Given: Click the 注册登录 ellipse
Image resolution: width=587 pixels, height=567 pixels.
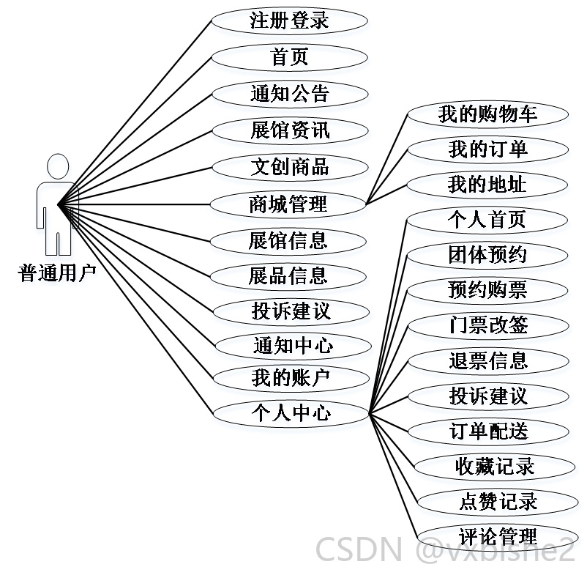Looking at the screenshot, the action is pyautogui.click(x=289, y=21).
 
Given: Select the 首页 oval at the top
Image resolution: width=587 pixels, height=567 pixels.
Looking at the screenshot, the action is pyautogui.click(x=289, y=57).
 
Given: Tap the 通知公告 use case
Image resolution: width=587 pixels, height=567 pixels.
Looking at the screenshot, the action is pyautogui.click(x=290, y=94).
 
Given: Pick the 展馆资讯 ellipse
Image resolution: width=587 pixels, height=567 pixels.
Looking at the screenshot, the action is pyautogui.click(x=290, y=130).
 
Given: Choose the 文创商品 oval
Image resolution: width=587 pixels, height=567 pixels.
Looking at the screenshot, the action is pyautogui.click(x=290, y=167).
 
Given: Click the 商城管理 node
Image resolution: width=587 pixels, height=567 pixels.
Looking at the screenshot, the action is pyautogui.click(x=288, y=204).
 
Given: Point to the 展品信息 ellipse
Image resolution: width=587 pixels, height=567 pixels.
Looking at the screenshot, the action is pyautogui.click(x=288, y=277).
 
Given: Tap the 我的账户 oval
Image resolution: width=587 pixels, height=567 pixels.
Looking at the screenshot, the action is pyautogui.click(x=291, y=378).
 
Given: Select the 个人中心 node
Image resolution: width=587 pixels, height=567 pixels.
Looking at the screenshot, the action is pyautogui.click(x=291, y=413).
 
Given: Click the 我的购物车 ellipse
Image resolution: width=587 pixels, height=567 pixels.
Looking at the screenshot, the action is pyautogui.click(x=487, y=115).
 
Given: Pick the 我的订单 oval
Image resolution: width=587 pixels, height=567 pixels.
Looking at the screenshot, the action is pyautogui.click(x=487, y=150).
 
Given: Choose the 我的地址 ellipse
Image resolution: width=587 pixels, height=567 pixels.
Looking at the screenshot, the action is pyautogui.click(x=487, y=185).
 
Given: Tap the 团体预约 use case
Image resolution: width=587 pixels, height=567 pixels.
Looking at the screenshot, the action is pyautogui.click(x=487, y=256).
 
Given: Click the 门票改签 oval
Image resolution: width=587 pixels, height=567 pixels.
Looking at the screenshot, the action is pyautogui.click(x=488, y=326).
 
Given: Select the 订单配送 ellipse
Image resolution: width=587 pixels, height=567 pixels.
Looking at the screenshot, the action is pyautogui.click(x=488, y=431).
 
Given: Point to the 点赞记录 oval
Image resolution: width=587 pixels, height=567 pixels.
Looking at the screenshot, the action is pyautogui.click(x=498, y=502).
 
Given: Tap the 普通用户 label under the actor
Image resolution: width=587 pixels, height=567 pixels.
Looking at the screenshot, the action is pyautogui.click(x=57, y=273).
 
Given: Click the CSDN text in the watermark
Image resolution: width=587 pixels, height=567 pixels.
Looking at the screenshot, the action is pyautogui.click(x=359, y=550).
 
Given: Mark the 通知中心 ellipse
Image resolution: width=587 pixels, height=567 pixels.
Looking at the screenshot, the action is pyautogui.click(x=293, y=346).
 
